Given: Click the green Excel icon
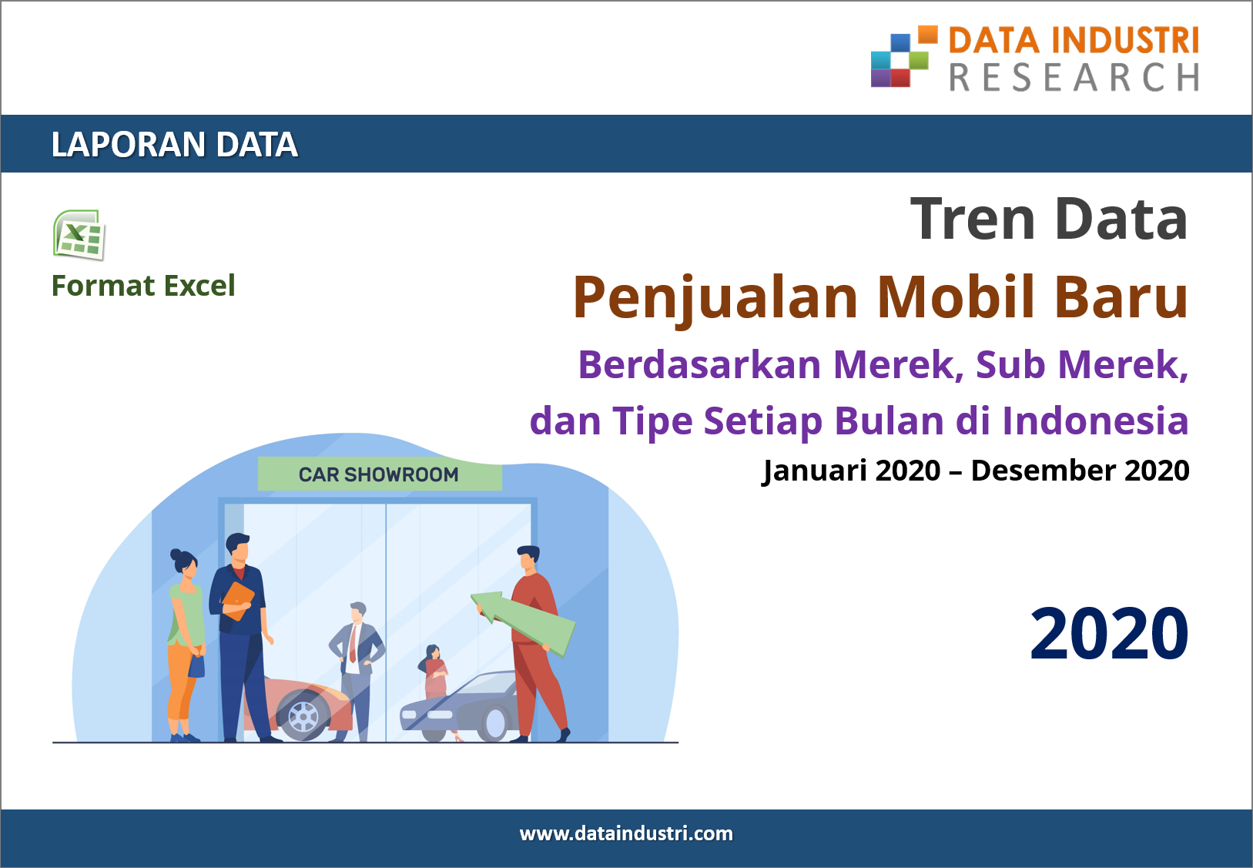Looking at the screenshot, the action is coord(79,235).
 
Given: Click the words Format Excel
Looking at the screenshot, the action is coord(143,286).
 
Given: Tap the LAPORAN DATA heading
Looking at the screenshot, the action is coord(175,144).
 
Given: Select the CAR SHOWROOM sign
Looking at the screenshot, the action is coord(379,474).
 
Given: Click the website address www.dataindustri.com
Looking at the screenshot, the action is coord(626,833).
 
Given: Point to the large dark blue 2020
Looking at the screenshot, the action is coord(1109,634).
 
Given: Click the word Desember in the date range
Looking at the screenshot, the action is coord(1043,471).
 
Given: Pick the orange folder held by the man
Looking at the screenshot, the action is coord(238,602).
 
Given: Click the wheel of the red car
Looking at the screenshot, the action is coord(303,716).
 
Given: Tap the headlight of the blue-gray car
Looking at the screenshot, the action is coord(440,714).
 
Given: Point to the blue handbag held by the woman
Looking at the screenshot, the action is coord(196,666).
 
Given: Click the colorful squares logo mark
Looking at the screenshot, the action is coord(904,56).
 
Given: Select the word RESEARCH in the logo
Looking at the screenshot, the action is coord(1074,77).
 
